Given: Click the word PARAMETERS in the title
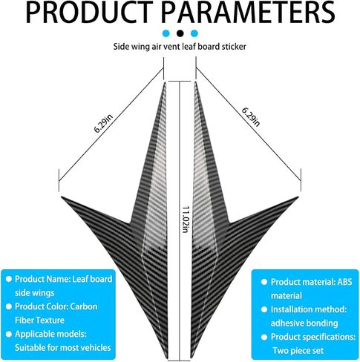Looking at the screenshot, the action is (x=248, y=13).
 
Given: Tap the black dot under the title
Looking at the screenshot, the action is (x=180, y=33).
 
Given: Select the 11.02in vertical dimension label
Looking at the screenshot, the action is (x=186, y=220).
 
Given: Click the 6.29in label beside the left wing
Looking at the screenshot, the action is (x=103, y=123).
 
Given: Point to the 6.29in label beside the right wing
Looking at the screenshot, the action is (x=251, y=117).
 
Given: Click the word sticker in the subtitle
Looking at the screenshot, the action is (x=234, y=47).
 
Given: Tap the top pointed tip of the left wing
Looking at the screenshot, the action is (x=165, y=82).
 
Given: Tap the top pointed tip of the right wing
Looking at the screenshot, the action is (x=195, y=82).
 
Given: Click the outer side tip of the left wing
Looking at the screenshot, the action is (x=62, y=197).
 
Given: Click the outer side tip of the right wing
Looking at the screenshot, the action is (x=298, y=197).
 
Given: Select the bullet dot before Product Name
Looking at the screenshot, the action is (x=9, y=279).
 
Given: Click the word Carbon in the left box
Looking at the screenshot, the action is (x=84, y=306).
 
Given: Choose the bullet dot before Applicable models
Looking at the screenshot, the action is (x=9, y=334).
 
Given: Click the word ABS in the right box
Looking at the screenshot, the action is (x=344, y=282).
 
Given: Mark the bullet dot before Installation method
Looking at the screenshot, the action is (x=264, y=309).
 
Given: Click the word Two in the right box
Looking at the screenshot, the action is (x=281, y=351).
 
